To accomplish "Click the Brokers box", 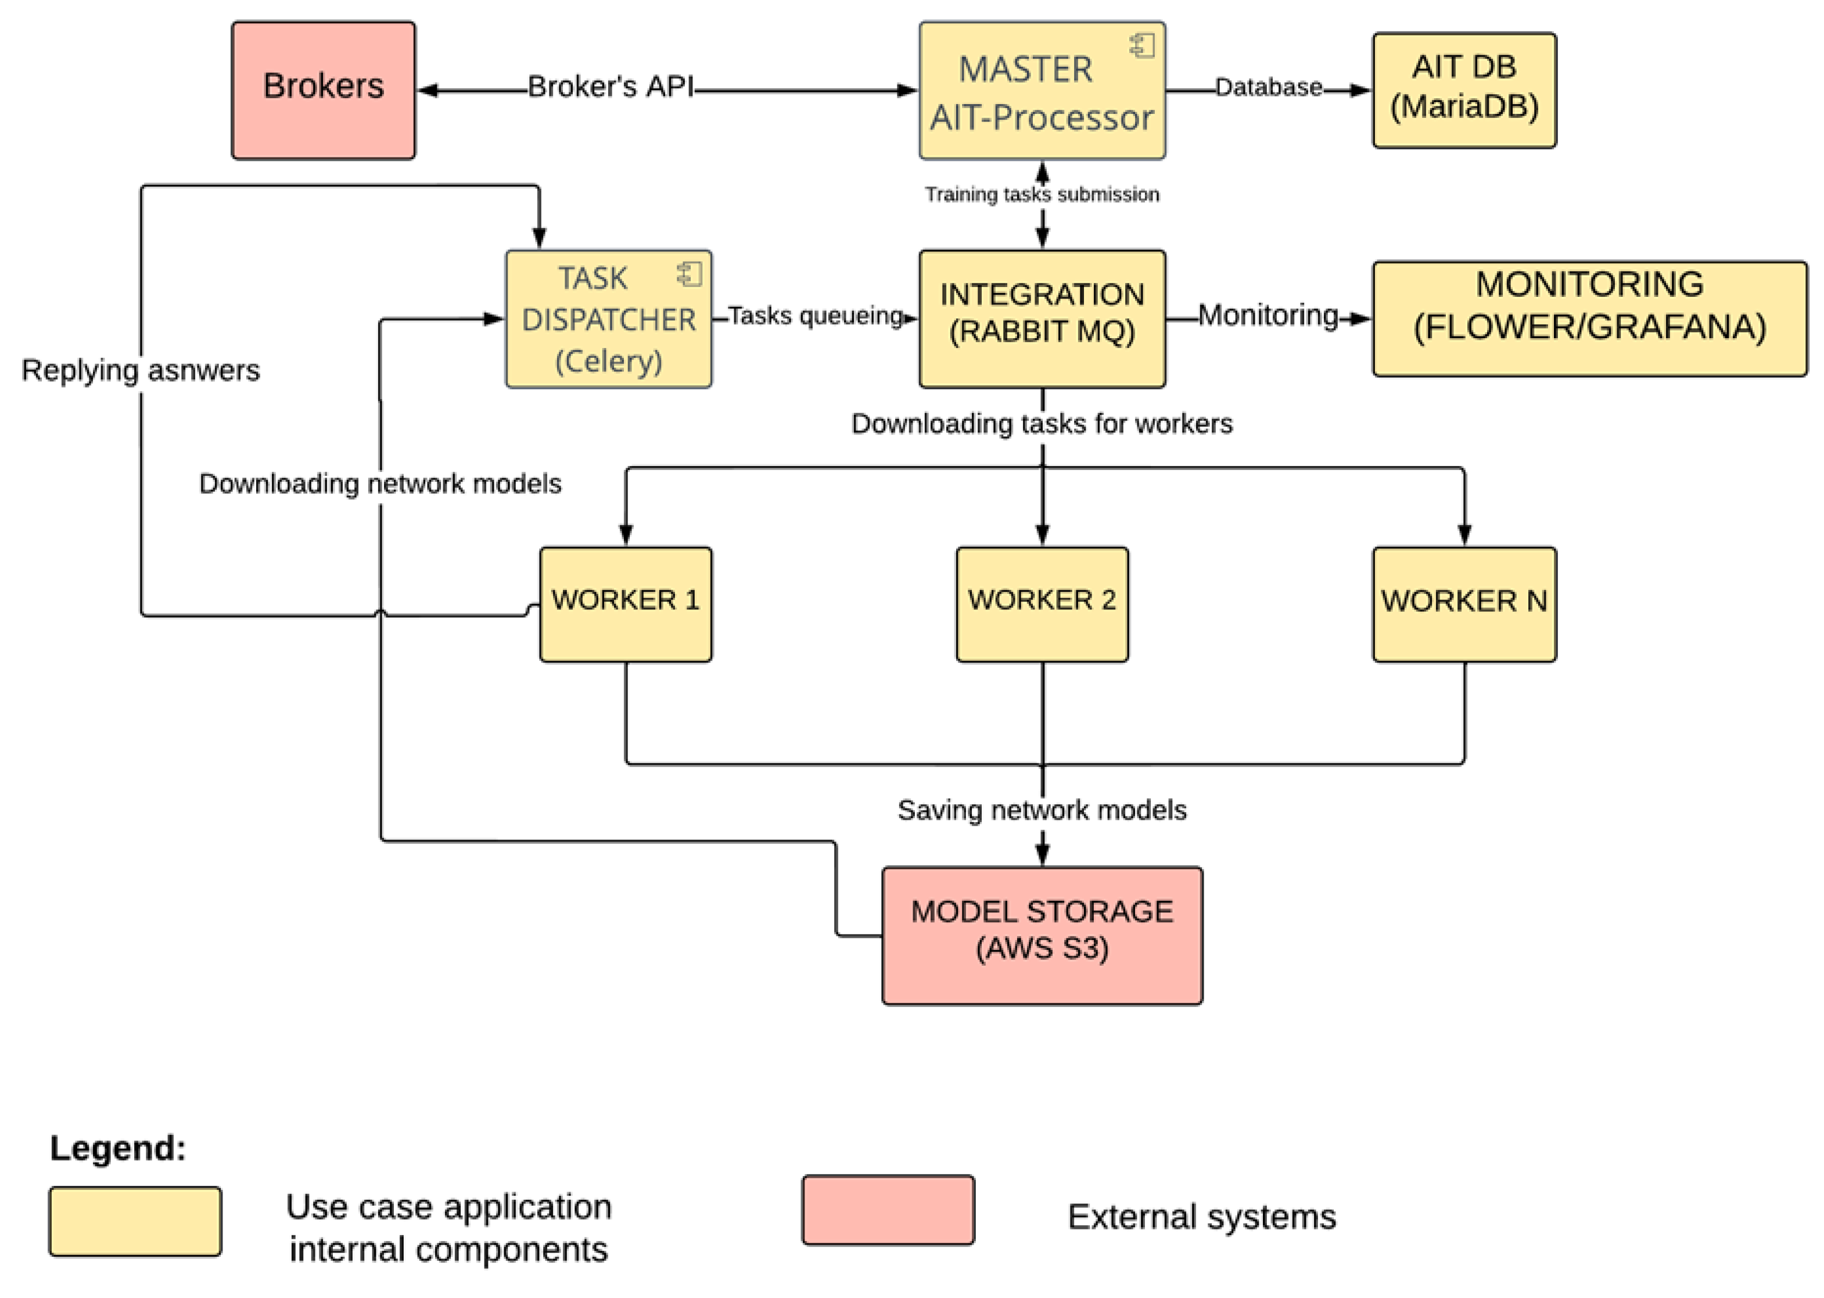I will click(x=323, y=90).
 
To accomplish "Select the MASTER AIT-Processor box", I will click(x=1041, y=90).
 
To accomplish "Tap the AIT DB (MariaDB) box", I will click(x=1464, y=90).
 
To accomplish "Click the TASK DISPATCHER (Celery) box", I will click(x=608, y=319).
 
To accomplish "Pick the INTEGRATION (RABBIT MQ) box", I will click(x=1041, y=319).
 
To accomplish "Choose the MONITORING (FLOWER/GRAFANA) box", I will click(x=1589, y=318).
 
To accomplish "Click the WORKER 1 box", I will click(x=625, y=604).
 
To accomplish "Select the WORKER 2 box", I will click(x=1041, y=604).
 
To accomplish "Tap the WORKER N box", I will click(x=1464, y=604).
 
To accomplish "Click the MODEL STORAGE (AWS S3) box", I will click(x=1041, y=935).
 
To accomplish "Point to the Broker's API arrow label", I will click(x=611, y=87).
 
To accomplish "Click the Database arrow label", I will click(x=1268, y=87).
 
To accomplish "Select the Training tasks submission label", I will click(x=1041, y=194).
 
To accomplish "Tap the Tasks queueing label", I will click(x=815, y=315).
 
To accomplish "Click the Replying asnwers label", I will click(x=141, y=370).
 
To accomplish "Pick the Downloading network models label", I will click(x=380, y=483).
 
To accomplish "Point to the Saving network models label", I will click(x=1041, y=809).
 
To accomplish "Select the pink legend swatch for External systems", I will click(x=888, y=1209).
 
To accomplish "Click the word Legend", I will click(x=117, y=1148).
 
